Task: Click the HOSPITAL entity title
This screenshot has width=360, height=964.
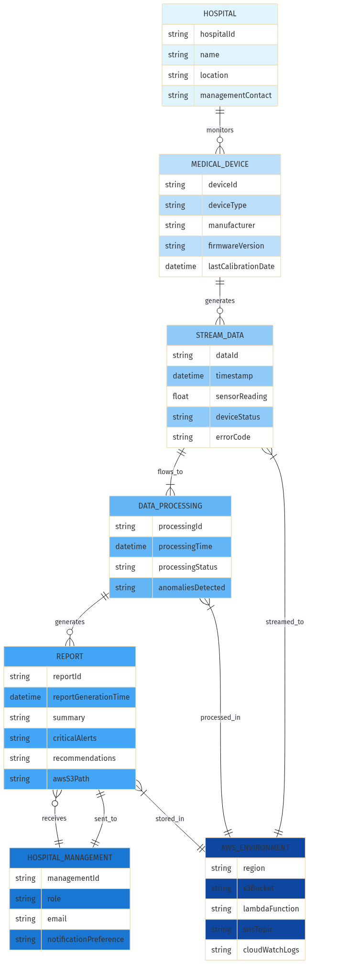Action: (219, 14)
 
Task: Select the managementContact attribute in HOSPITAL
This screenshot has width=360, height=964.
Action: (235, 96)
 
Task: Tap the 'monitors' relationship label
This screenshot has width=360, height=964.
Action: (219, 130)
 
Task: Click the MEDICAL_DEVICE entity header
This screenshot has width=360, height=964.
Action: (219, 164)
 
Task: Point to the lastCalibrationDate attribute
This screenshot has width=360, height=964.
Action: (241, 267)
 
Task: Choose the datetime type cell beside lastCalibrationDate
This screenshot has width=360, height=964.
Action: (180, 267)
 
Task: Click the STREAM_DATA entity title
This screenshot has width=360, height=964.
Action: (219, 336)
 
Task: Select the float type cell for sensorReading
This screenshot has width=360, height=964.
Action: (181, 397)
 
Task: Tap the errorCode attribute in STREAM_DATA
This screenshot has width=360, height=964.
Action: (233, 437)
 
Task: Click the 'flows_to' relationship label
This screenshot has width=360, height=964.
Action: (170, 472)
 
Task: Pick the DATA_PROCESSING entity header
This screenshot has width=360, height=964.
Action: (170, 506)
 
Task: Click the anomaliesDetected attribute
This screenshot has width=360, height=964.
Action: (191, 588)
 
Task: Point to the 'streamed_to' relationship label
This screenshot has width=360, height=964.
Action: (284, 622)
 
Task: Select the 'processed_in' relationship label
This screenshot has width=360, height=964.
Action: (220, 717)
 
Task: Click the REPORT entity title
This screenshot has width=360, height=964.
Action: (70, 657)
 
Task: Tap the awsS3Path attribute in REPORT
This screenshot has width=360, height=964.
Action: (71, 779)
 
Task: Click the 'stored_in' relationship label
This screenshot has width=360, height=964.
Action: (170, 819)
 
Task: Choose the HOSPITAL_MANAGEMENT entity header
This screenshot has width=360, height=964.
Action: (70, 858)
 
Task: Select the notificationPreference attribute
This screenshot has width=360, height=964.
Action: (85, 940)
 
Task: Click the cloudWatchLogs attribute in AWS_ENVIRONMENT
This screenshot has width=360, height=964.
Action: (271, 950)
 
